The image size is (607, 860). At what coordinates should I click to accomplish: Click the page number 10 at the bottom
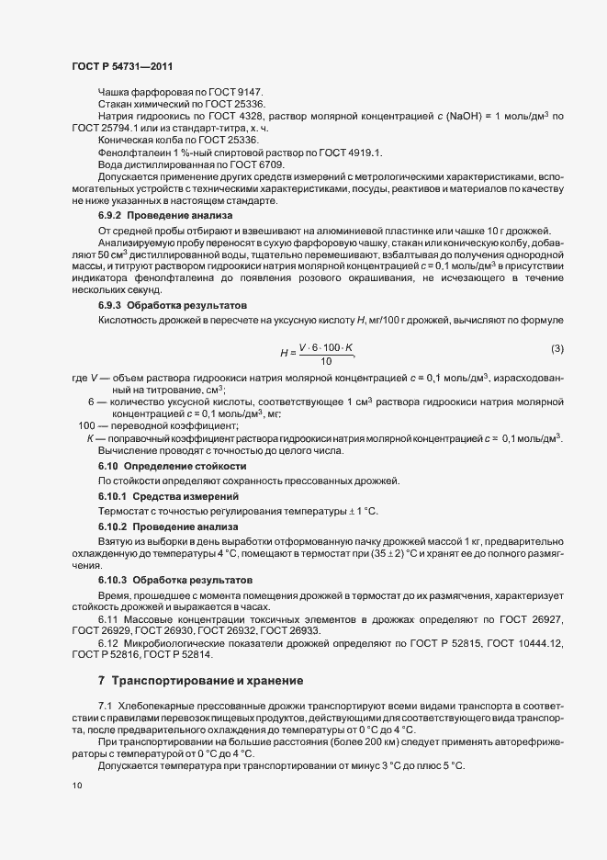click(76, 786)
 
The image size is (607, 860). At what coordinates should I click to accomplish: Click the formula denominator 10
click(325, 335)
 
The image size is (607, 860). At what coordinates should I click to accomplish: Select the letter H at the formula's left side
click(284, 327)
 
